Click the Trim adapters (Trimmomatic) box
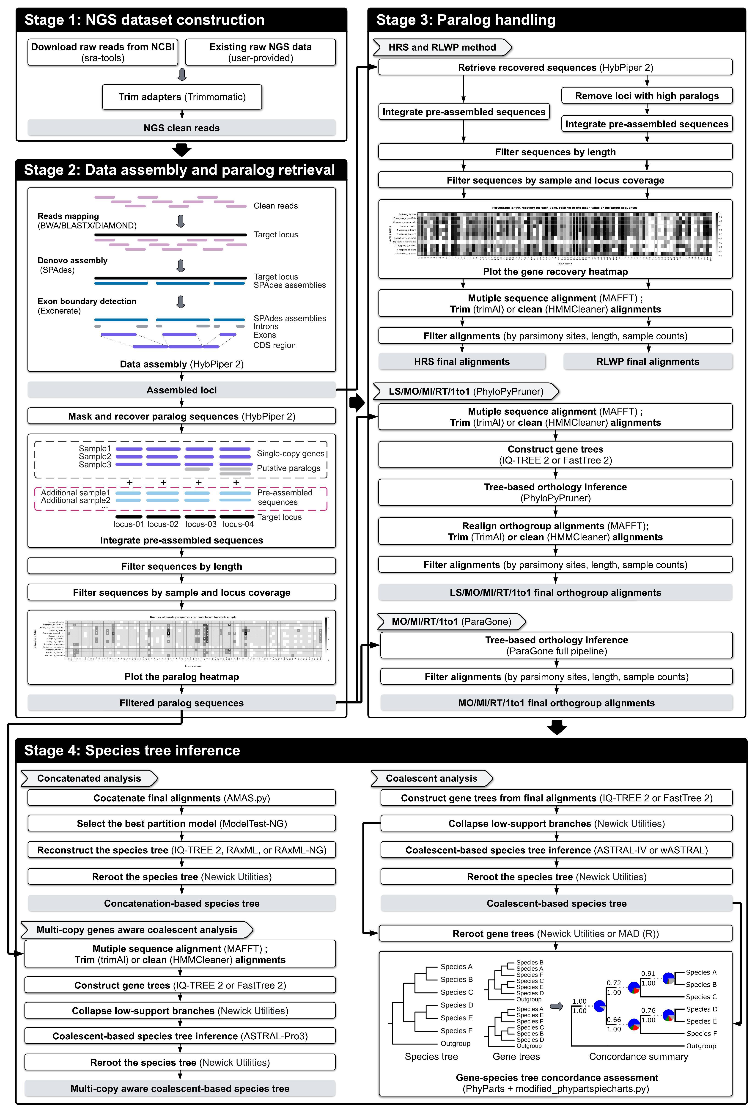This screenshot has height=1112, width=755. click(182, 97)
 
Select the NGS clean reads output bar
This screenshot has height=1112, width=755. click(182, 128)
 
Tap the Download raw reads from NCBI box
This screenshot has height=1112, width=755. click(103, 52)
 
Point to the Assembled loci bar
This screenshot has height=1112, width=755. click(182, 390)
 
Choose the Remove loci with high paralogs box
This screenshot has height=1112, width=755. click(647, 96)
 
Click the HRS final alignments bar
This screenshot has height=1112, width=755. click(462, 362)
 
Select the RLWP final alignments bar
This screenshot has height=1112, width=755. click(647, 362)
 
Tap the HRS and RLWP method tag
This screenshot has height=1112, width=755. click(442, 47)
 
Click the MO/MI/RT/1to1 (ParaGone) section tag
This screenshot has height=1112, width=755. click(451, 622)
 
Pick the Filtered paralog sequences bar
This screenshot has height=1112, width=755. click(182, 703)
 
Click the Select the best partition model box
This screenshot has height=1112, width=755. click(182, 824)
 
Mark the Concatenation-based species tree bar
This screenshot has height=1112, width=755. click(182, 903)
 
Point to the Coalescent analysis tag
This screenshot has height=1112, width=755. click(431, 779)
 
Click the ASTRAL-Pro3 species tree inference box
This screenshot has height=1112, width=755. click(180, 1036)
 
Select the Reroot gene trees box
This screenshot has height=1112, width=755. click(555, 934)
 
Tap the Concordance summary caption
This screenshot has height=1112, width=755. click(638, 1057)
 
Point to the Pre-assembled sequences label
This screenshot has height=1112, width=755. click(285, 497)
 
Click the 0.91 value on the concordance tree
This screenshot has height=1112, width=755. click(648, 973)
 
